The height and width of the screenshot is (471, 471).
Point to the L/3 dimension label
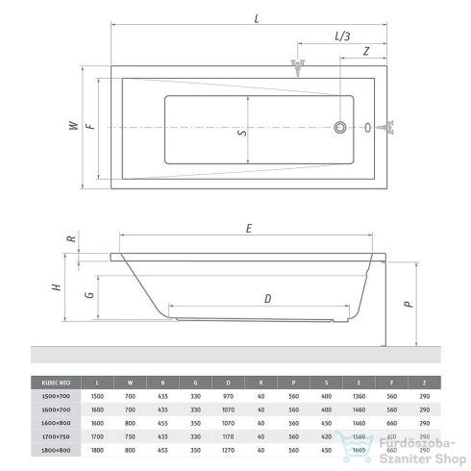340,36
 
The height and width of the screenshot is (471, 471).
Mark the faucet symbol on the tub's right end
389,126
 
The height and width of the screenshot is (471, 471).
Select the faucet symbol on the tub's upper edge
298,65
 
